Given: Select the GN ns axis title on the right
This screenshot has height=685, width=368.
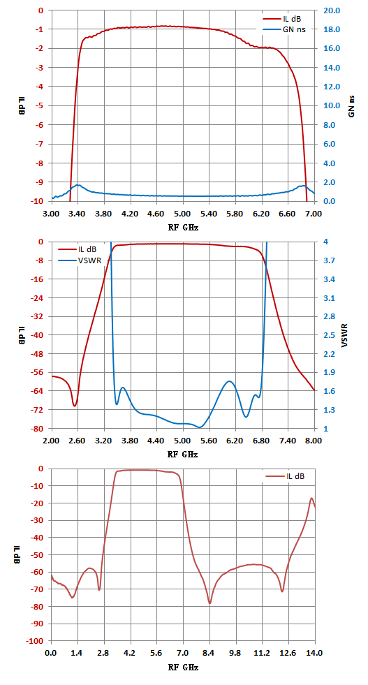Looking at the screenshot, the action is pyautogui.click(x=351, y=106).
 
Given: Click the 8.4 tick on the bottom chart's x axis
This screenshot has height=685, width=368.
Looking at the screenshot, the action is pyautogui.click(x=209, y=653).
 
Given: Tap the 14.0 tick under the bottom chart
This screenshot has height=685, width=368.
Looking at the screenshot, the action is pyautogui.click(x=314, y=653).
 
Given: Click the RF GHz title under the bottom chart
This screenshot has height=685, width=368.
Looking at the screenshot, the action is pyautogui.click(x=183, y=668).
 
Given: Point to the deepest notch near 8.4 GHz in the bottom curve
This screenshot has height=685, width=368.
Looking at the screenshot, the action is pyautogui.click(x=209, y=603).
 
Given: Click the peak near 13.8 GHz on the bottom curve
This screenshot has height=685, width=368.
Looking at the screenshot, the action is pyautogui.click(x=311, y=498).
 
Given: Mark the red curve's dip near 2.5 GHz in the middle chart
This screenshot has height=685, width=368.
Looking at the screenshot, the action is pyautogui.click(x=75, y=406).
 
